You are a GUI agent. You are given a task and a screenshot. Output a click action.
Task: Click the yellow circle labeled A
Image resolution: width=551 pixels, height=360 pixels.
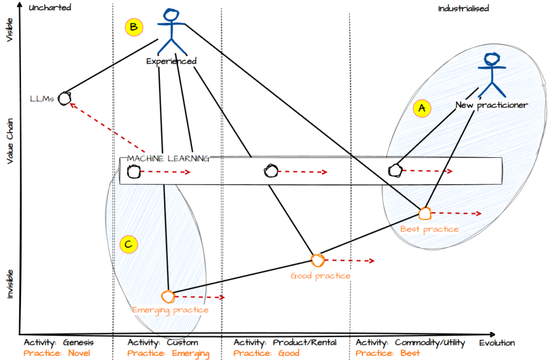(x=422, y=108)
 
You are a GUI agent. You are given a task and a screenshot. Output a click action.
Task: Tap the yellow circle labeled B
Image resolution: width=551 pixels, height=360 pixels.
(x=133, y=27)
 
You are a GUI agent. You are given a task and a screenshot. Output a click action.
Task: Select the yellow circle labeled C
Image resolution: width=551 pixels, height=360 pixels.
(x=128, y=245)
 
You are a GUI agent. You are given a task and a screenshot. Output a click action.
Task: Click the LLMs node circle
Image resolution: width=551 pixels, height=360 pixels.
(x=65, y=98)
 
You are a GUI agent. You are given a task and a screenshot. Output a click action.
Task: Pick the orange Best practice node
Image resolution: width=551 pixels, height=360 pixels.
(x=425, y=213)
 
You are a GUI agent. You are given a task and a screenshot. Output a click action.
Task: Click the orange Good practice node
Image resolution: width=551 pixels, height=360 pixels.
(x=317, y=260)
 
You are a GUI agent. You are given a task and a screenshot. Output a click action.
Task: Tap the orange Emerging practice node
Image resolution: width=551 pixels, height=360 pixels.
(x=168, y=296)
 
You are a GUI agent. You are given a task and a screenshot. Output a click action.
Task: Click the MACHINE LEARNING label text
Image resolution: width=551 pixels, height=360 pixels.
(x=167, y=159)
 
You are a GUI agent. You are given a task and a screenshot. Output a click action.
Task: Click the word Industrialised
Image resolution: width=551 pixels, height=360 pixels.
(x=463, y=9)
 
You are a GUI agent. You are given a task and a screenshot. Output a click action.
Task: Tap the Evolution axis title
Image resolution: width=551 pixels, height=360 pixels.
(x=497, y=343)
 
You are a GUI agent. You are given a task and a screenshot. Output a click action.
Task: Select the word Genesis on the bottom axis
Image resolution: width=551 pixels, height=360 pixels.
(x=78, y=343)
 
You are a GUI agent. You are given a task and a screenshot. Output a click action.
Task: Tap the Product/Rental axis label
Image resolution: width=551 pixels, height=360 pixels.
(x=305, y=343)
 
